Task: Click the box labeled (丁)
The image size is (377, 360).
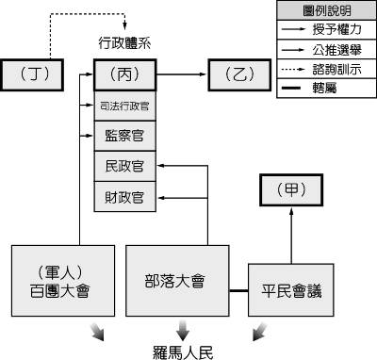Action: pyautogui.click(x=35, y=73)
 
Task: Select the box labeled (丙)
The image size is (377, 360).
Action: pyautogui.click(x=124, y=73)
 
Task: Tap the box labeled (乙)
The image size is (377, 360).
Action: pyautogui.click(x=239, y=73)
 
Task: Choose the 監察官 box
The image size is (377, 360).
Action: pyautogui.click(x=124, y=135)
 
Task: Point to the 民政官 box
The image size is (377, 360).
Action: pyautogui.click(x=124, y=167)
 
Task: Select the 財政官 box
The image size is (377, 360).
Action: pyautogui.click(x=124, y=198)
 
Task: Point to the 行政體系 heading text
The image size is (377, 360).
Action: pyautogui.click(x=124, y=41)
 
